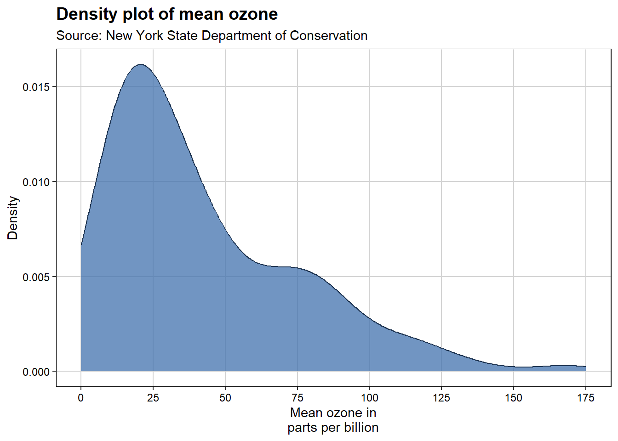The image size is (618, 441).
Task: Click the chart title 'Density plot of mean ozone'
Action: point(167,14)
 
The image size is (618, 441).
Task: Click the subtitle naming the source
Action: point(212,35)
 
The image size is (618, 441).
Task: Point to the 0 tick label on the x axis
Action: point(81,398)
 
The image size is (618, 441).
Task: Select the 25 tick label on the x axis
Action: point(153,398)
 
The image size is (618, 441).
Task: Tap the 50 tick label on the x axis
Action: point(225,398)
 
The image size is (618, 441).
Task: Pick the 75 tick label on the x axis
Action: point(298,398)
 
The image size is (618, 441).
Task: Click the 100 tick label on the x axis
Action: point(369,398)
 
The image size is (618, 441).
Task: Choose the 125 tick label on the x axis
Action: point(441,398)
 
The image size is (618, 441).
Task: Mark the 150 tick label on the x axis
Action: point(514,398)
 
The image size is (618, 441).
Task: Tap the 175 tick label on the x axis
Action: point(586,398)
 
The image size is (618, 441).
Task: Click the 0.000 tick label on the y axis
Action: point(36,372)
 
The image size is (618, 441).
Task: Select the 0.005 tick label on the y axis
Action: point(36,277)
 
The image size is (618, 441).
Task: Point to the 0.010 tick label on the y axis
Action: point(36,182)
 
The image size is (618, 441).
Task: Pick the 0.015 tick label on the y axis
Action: point(36,87)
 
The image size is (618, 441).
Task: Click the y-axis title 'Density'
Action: point(13,218)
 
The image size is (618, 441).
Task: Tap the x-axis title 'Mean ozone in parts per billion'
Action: point(333,420)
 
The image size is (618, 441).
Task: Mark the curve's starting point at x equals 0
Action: point(81,244)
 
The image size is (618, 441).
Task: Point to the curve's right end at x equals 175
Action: point(585,367)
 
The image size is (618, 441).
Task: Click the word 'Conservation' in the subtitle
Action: point(328,35)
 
